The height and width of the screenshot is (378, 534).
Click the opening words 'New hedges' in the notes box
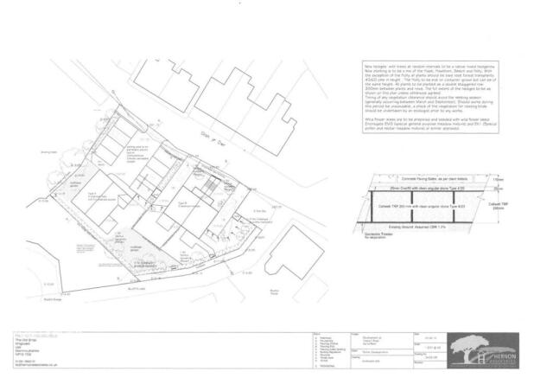[x=374, y=65]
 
